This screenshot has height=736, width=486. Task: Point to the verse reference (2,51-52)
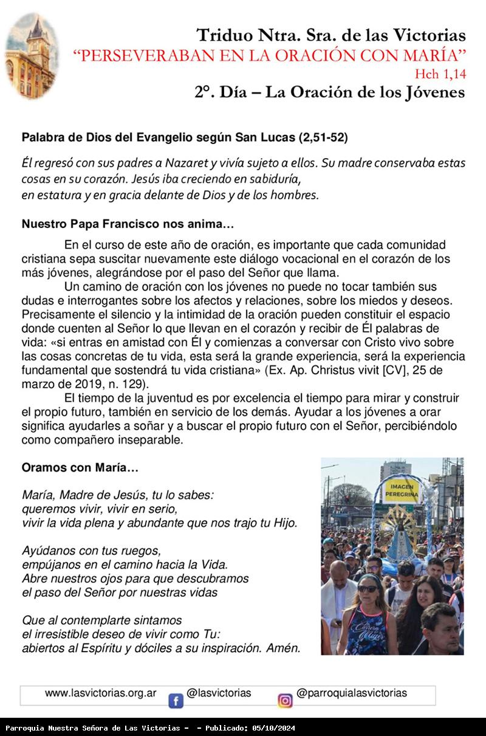pyautogui.click(x=323, y=138)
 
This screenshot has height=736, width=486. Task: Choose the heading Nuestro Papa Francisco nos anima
pyautogui.click(x=128, y=224)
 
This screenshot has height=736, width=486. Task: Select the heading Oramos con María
pyautogui.click(x=80, y=468)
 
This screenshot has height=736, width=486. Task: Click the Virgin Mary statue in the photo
pyautogui.click(x=402, y=535)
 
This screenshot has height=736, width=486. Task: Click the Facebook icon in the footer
pyautogui.click(x=176, y=701)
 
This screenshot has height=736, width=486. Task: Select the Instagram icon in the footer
pyautogui.click(x=285, y=701)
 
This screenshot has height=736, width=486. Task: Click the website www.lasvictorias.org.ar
pyautogui.click(x=101, y=693)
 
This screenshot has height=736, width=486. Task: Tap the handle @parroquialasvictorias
pyautogui.click(x=352, y=693)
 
